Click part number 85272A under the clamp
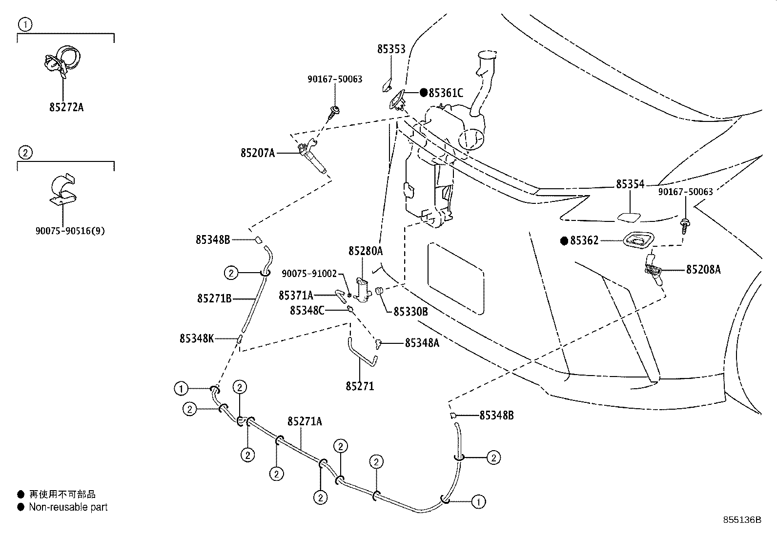[66, 107]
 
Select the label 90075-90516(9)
[70, 231]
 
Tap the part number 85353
[391, 49]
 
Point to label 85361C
[446, 93]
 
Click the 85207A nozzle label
[258, 153]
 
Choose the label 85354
[630, 184]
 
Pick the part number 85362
[585, 240]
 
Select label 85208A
[703, 269]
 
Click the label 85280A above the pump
[366, 251]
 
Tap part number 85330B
[410, 312]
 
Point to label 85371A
[296, 296]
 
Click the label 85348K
[197, 338]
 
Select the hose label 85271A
[305, 421]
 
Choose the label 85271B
[214, 298]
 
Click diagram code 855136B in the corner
[742, 520]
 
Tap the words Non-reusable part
[68, 507]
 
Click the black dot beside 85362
[564, 240]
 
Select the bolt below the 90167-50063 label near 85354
[685, 226]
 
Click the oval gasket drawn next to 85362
[638, 240]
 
